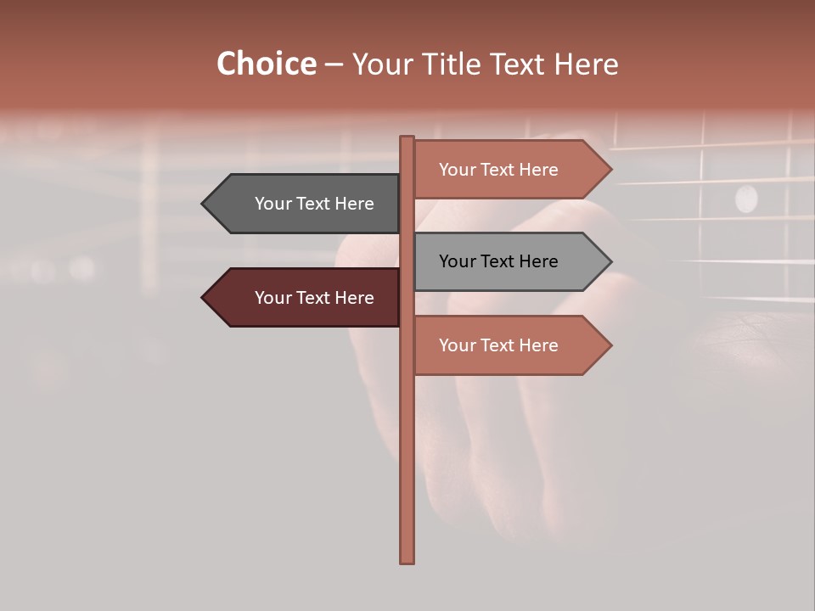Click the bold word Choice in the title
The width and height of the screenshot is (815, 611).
[266, 64]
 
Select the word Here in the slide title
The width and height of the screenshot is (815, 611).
[586, 64]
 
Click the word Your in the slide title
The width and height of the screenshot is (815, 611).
[385, 64]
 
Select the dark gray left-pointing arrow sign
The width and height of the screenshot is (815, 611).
[306, 204]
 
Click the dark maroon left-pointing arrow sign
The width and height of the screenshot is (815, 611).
[306, 298]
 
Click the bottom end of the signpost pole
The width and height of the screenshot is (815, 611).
[407, 559]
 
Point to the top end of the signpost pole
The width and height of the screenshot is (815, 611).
[407, 139]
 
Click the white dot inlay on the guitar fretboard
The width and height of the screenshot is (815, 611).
[746, 198]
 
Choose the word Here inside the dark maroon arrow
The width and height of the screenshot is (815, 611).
[355, 298]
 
